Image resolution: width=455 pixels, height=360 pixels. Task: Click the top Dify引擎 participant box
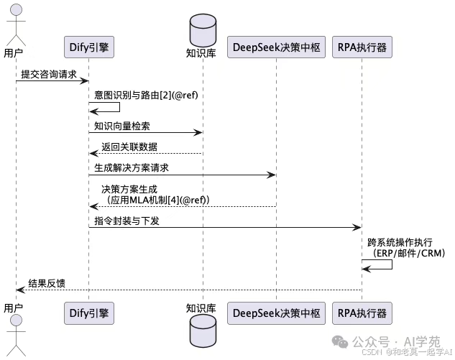[89, 47]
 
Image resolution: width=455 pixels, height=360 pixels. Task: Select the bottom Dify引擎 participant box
[89, 313]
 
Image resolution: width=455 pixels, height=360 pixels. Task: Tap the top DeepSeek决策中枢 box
[276, 47]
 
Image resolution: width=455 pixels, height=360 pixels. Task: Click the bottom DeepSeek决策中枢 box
[276, 313]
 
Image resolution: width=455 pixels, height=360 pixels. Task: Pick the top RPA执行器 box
[362, 47]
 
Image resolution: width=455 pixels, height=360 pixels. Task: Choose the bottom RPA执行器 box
[362, 313]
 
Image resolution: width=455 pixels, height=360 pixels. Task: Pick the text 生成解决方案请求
[137, 167]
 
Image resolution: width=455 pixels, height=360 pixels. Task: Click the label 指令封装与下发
[127, 220]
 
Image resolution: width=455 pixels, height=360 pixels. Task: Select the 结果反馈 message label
[47, 282]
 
